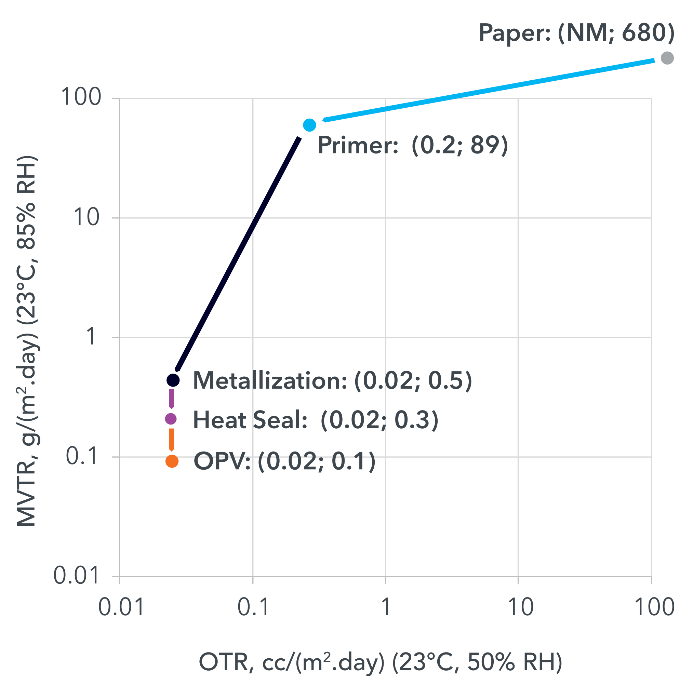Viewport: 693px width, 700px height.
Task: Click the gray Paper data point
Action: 667,58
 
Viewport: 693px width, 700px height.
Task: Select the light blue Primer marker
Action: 309,125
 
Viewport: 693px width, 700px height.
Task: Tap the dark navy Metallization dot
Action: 173,380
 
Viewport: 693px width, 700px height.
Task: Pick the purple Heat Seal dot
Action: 171,419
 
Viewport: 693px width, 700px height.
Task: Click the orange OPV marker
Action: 172,461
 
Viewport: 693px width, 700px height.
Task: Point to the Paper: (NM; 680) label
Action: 576,33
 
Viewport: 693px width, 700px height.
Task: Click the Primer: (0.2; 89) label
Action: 412,146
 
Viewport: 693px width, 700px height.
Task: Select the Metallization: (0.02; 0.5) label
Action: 332,381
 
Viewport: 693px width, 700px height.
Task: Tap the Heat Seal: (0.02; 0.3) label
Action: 315,420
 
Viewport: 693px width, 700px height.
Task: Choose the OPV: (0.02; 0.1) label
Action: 284,461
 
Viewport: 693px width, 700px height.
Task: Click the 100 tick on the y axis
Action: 81,97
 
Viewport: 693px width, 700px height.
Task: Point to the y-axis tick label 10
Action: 86,217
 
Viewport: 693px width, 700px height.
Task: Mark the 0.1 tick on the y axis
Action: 82,456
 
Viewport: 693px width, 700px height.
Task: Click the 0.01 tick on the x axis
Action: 121,607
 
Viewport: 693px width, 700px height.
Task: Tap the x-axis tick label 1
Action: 386,607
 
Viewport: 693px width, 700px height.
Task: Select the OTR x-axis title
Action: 380,662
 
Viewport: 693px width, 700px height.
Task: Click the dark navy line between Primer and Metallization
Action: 237,254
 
